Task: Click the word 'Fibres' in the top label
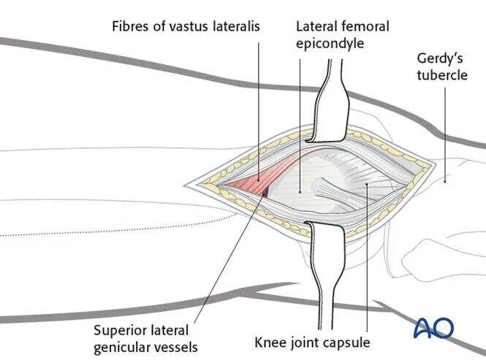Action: [131, 26]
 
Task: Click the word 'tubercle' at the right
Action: [442, 75]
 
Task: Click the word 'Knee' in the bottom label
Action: [267, 342]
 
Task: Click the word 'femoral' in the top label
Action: [365, 26]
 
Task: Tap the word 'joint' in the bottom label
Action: [304, 342]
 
